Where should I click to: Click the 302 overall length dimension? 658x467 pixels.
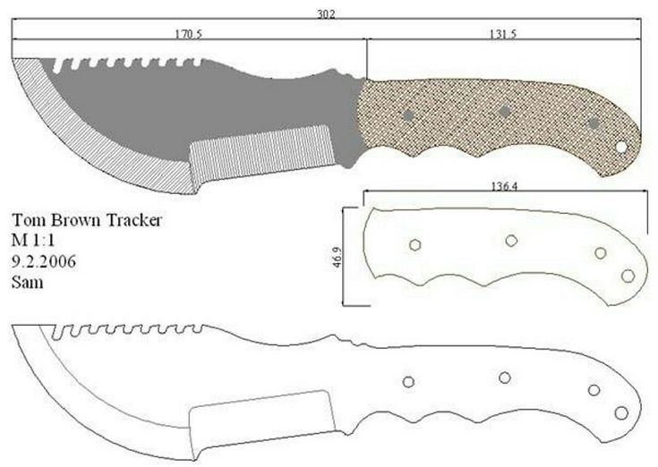coord(326,14)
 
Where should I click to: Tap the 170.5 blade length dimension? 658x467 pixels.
coord(188,34)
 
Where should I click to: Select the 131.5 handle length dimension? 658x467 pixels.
coord(503,34)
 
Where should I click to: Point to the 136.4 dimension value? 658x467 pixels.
coord(504,186)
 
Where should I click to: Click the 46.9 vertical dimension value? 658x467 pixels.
coord(338,257)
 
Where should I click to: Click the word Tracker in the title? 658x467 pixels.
coord(133,220)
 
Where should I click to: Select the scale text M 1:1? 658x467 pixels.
coord(33,241)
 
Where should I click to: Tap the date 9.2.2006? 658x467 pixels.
coord(44,261)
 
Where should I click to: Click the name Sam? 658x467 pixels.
coord(27,282)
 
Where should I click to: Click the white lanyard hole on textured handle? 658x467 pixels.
coord(621,147)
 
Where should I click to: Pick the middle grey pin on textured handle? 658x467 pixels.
coord(505,112)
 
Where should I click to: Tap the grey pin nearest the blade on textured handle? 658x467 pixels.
coord(408,115)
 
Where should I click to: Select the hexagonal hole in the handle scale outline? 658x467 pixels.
coord(415,245)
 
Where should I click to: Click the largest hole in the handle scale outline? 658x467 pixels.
coord(628,276)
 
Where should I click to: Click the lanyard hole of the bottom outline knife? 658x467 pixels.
coord(621,413)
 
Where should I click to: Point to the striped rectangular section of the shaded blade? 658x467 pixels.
coord(262,154)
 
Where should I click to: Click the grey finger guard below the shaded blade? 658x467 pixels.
coord(347,156)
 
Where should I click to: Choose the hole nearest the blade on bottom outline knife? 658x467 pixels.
coord(408,382)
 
